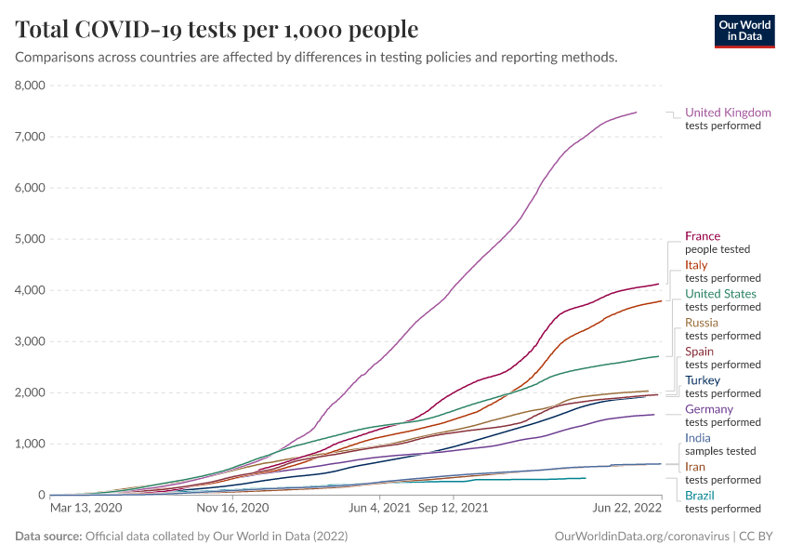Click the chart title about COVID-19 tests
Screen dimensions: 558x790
[217, 30]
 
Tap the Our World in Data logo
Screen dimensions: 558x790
[744, 30]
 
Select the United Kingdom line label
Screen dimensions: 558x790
[728, 113]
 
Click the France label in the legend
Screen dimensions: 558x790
[703, 236]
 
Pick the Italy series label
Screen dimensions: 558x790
[696, 265]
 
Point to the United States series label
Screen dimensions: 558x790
[720, 294]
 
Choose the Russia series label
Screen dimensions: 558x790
[702, 323]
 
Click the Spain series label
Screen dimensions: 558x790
[700, 352]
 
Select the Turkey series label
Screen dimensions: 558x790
[703, 380]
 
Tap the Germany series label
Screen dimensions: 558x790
[709, 409]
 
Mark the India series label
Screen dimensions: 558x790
[699, 438]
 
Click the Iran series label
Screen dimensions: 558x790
[695, 467]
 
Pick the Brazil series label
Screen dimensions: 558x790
[700, 496]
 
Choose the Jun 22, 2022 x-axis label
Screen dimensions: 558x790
[627, 509]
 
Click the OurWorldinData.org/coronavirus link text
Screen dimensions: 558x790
[640, 537]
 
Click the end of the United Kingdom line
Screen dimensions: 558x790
[637, 113]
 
